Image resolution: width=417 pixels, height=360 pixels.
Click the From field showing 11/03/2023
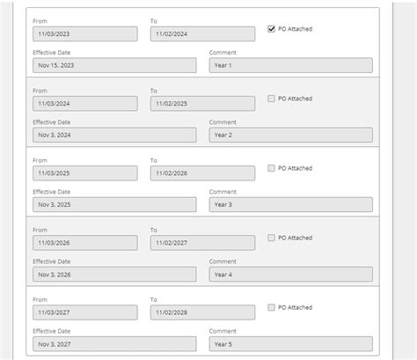pos(84,33)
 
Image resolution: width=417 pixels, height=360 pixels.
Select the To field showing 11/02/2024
pos(202,33)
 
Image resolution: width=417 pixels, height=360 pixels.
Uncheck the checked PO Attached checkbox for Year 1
pos(272,29)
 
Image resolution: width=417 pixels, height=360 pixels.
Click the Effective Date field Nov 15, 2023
pos(114,65)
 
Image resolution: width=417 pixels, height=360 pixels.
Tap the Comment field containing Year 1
pos(290,65)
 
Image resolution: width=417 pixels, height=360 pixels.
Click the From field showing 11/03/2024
pos(84,103)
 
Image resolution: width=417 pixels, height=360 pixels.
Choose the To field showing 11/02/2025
pos(202,103)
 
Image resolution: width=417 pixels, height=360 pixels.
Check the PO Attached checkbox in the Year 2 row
pos(272,99)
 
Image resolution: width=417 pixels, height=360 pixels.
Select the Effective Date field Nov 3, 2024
pos(114,135)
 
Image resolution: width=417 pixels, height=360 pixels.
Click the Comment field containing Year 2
pos(290,135)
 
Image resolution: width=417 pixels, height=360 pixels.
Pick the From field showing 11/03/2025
pos(84,173)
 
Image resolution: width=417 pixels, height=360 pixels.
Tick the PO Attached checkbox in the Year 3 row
pos(272,168)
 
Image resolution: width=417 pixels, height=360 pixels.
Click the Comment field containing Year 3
pos(290,204)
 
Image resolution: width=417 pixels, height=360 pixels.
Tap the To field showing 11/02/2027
pos(202,242)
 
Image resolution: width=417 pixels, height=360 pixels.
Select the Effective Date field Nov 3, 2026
pos(114,274)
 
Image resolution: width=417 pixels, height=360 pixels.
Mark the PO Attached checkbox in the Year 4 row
pos(272,238)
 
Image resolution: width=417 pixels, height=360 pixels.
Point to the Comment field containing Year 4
pos(290,274)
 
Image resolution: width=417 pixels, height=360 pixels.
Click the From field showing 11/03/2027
pos(84,312)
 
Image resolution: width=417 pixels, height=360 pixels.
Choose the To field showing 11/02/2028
pos(202,312)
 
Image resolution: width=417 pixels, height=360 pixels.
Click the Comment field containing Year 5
pos(290,343)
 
